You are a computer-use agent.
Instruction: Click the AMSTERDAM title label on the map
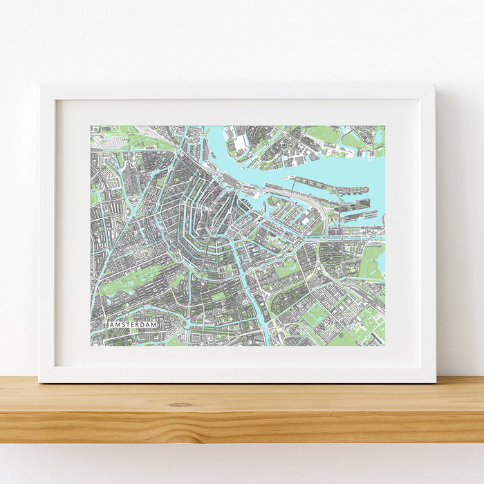(x=132, y=324)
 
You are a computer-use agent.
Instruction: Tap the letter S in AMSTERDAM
(x=122, y=324)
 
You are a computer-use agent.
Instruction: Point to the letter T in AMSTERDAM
(x=128, y=324)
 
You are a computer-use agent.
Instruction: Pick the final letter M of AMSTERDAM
(x=156, y=324)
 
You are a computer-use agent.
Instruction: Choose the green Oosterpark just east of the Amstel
(x=287, y=270)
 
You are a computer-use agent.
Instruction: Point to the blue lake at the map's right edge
(x=381, y=263)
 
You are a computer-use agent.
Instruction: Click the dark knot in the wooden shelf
(x=180, y=404)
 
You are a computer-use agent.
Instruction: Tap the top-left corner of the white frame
(x=41, y=86)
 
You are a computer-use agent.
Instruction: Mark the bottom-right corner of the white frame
(x=435, y=381)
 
